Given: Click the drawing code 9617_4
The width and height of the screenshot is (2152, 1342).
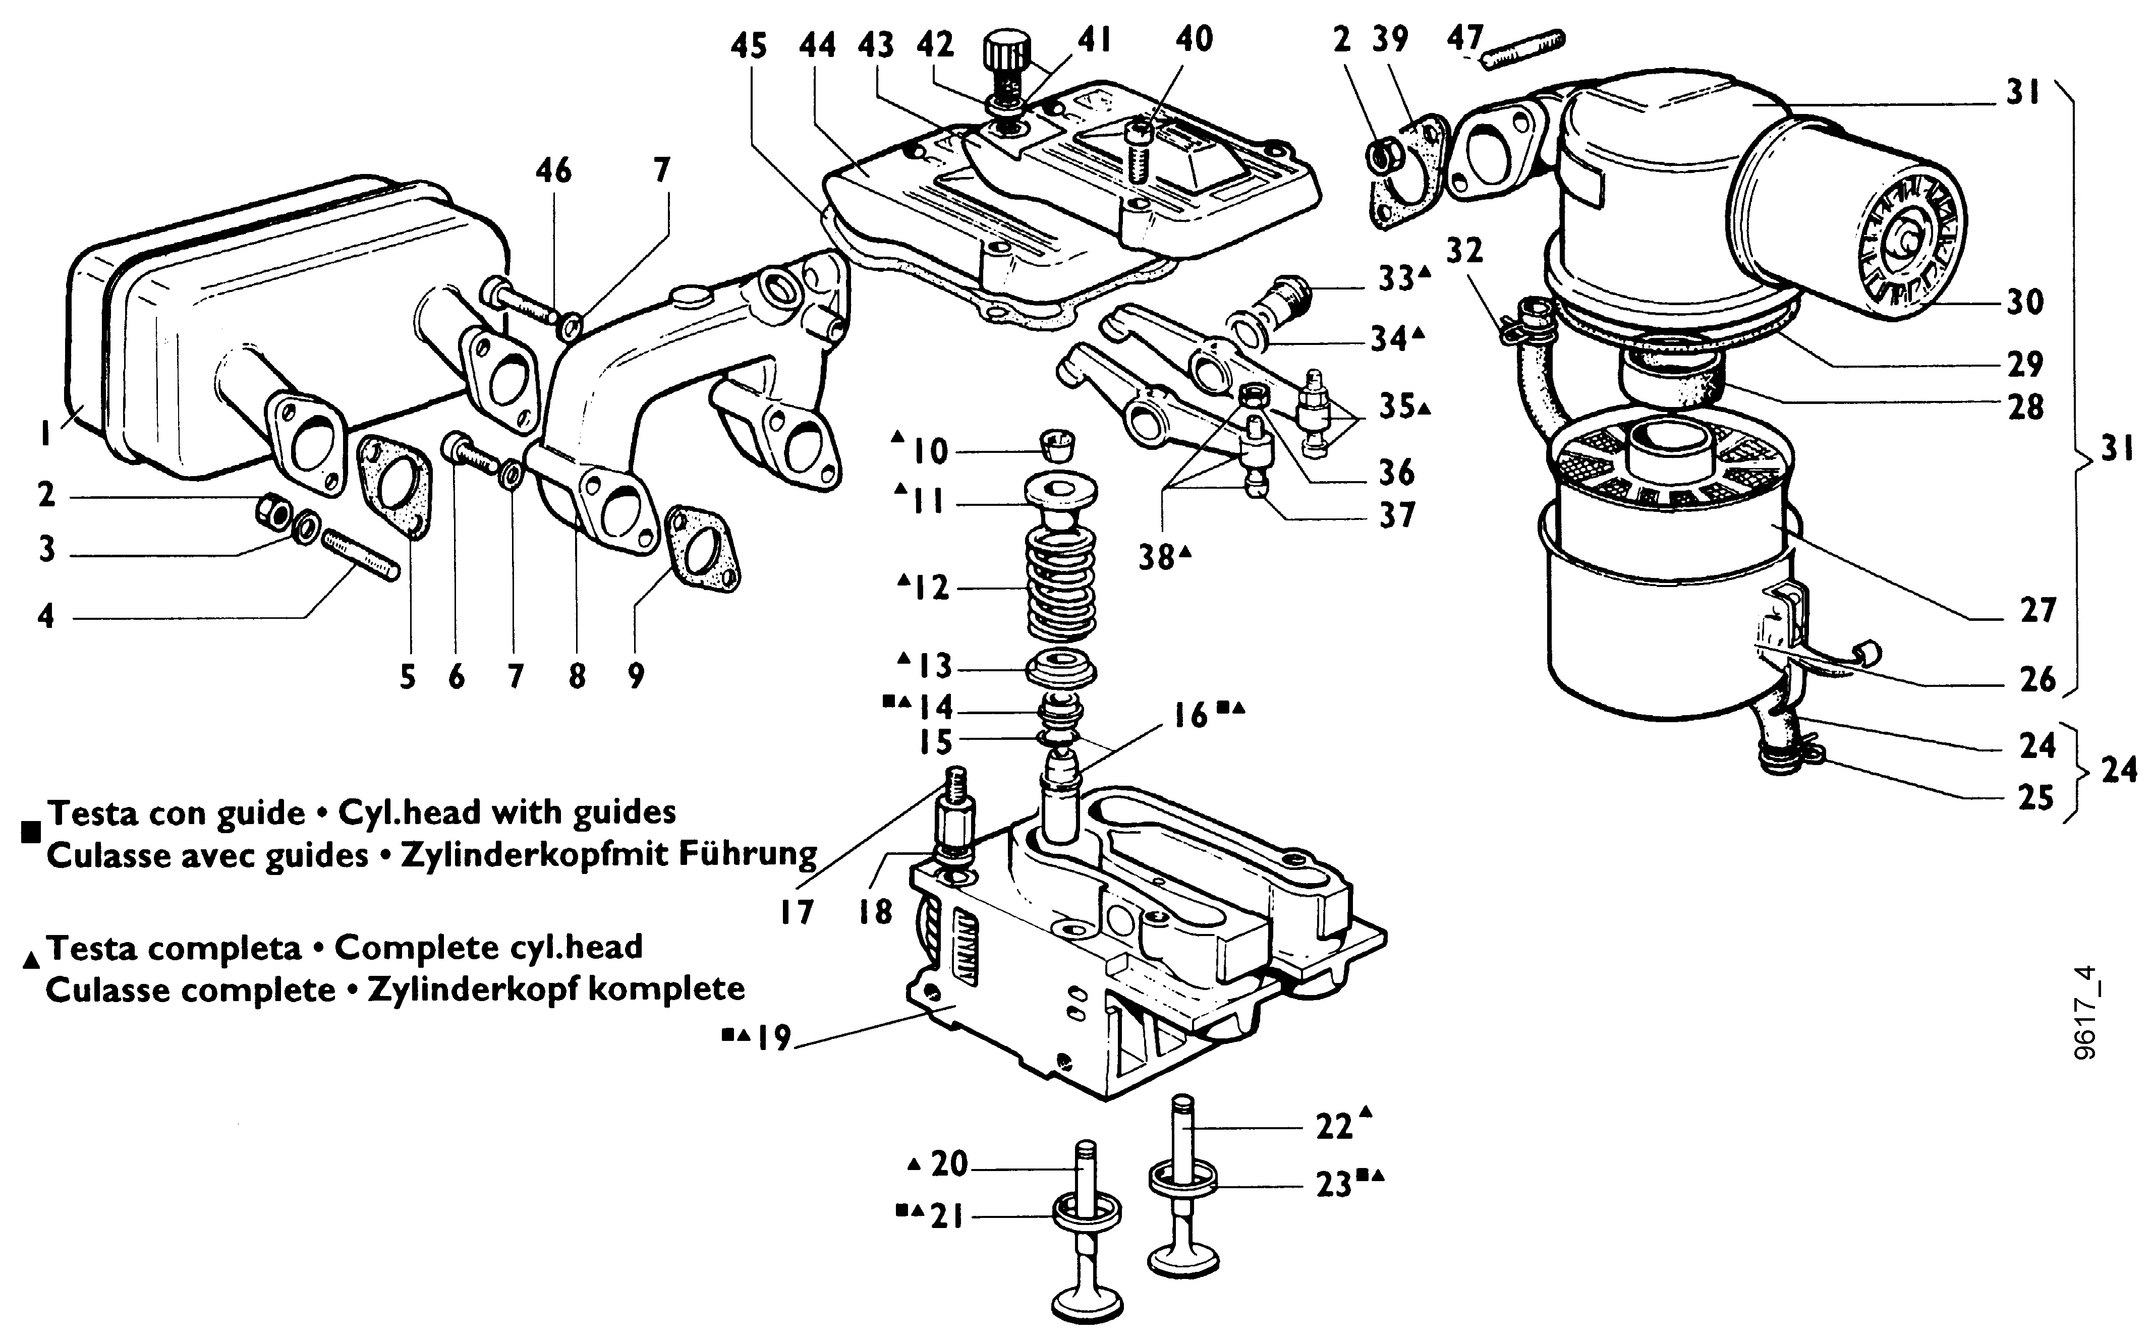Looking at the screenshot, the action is [x=2087, y=1012].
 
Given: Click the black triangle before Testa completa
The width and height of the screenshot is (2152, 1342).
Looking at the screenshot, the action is [x=32, y=959].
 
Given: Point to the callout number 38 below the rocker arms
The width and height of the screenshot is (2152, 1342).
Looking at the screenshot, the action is [x=1157, y=557].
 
